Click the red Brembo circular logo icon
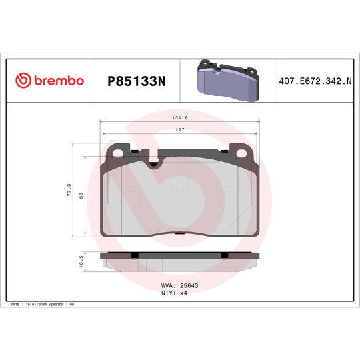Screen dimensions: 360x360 tap(23, 81)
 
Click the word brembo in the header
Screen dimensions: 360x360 tap(59, 81)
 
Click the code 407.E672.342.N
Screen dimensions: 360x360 tap(315, 81)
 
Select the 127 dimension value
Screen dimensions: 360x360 tap(179, 131)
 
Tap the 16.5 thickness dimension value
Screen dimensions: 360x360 tap(81, 263)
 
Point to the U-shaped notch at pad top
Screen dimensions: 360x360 tap(155, 162)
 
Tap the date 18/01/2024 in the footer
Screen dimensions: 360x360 tap(37, 304)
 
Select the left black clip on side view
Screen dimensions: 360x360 tap(135, 255)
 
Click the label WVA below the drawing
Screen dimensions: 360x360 tap(168, 285)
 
